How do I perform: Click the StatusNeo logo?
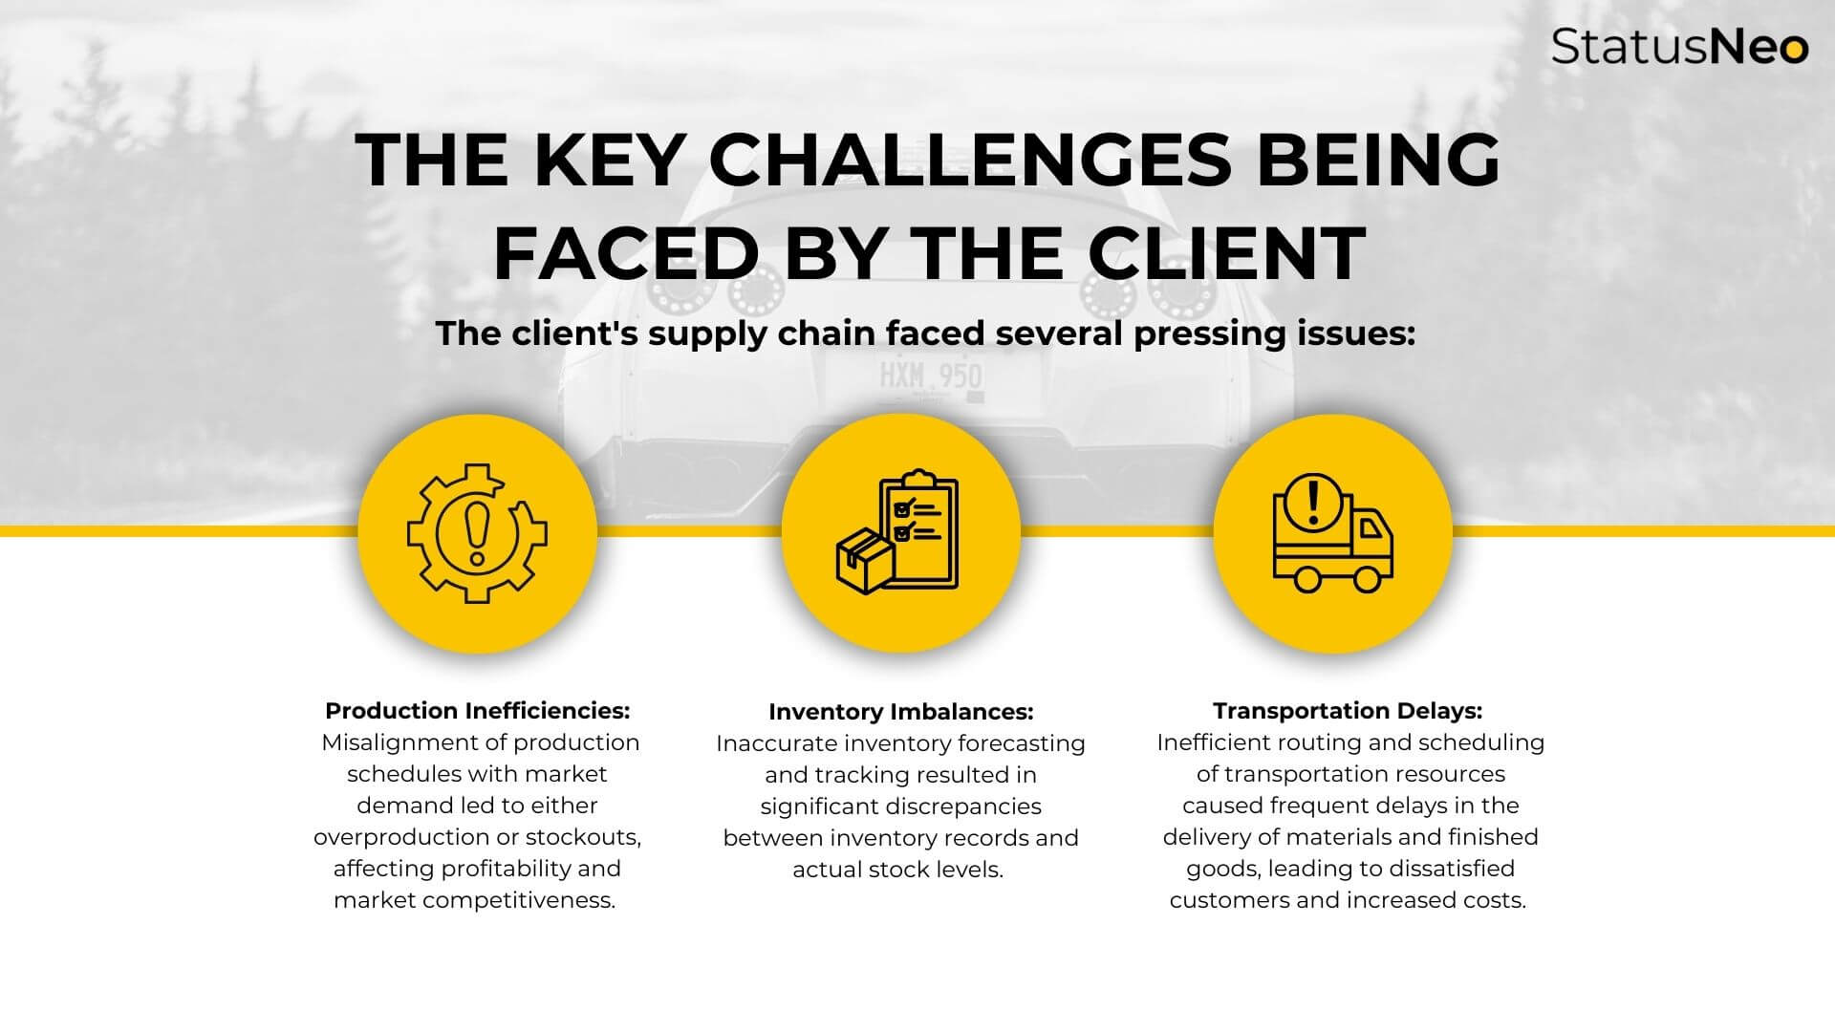point(1678,46)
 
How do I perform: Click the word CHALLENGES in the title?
point(970,160)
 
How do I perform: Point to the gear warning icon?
point(477,533)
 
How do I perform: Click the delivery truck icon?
point(1332,535)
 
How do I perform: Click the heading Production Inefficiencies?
point(477,711)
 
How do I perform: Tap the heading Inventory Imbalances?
point(900,712)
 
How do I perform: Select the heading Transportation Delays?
point(1347,711)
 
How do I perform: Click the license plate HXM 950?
point(931,376)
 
